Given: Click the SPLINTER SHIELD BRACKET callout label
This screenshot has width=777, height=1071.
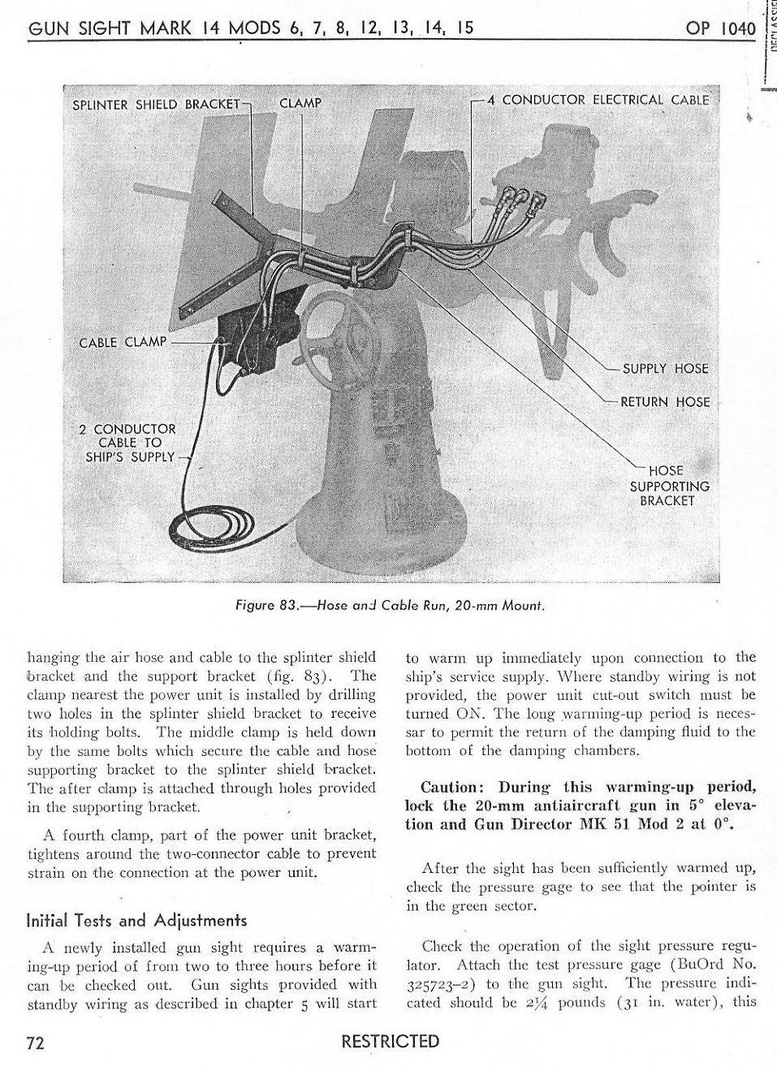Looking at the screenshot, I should (157, 104).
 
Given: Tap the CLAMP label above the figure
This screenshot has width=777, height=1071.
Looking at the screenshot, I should (300, 103).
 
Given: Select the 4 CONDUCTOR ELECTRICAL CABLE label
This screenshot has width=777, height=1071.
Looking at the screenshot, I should (605, 100).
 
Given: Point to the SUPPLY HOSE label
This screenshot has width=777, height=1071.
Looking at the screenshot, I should (665, 369).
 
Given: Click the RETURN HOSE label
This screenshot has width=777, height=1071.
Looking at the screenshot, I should (664, 402).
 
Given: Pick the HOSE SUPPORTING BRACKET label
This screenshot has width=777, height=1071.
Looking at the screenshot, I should (669, 486).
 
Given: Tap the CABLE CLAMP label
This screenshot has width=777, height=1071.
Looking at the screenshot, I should (122, 342).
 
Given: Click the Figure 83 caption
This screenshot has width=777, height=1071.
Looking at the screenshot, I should (388, 605).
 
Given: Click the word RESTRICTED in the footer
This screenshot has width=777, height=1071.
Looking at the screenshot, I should (390, 1042).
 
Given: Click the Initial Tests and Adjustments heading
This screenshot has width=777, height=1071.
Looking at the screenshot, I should (136, 921).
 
